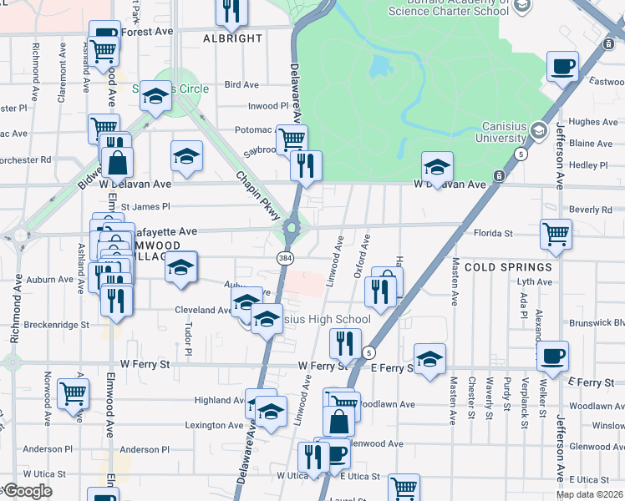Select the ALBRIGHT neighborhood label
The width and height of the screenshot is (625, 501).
point(233,39)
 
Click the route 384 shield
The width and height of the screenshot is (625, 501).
point(285,260)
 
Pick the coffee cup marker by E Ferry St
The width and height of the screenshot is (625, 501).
point(552,357)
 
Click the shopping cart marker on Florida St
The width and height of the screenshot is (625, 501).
point(556,235)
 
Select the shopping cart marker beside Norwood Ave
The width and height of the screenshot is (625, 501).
point(74,392)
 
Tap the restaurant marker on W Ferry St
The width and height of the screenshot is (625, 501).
point(345,342)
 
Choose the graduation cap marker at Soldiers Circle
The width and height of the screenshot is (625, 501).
point(155,97)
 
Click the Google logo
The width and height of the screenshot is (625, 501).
point(28,491)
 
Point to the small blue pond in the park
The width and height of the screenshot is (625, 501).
point(380,65)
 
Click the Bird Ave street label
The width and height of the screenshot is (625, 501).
point(241,84)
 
